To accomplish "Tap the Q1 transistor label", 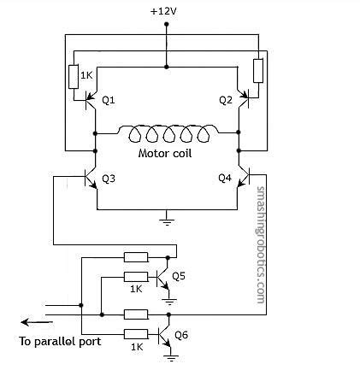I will pyautogui.click(x=108, y=100).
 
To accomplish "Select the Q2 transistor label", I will pyautogui.click(x=225, y=100).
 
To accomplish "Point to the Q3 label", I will pyautogui.click(x=108, y=179).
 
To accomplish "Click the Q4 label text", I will pyautogui.click(x=225, y=179).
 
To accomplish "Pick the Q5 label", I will pyautogui.click(x=178, y=276).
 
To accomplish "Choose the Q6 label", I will pyautogui.click(x=182, y=334).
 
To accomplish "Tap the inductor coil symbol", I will pyautogui.click(x=167, y=135).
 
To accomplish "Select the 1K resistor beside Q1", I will pyautogui.click(x=73, y=76).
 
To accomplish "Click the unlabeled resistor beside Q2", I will pyautogui.click(x=258, y=72).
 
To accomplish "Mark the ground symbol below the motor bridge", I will pyautogui.click(x=167, y=220).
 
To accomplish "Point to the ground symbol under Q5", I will pyautogui.click(x=169, y=300).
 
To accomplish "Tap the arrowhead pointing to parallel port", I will pyautogui.click(x=26, y=322).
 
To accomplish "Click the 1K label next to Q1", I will pyautogui.click(x=86, y=75).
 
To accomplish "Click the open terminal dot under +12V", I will pyautogui.click(x=167, y=26).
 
